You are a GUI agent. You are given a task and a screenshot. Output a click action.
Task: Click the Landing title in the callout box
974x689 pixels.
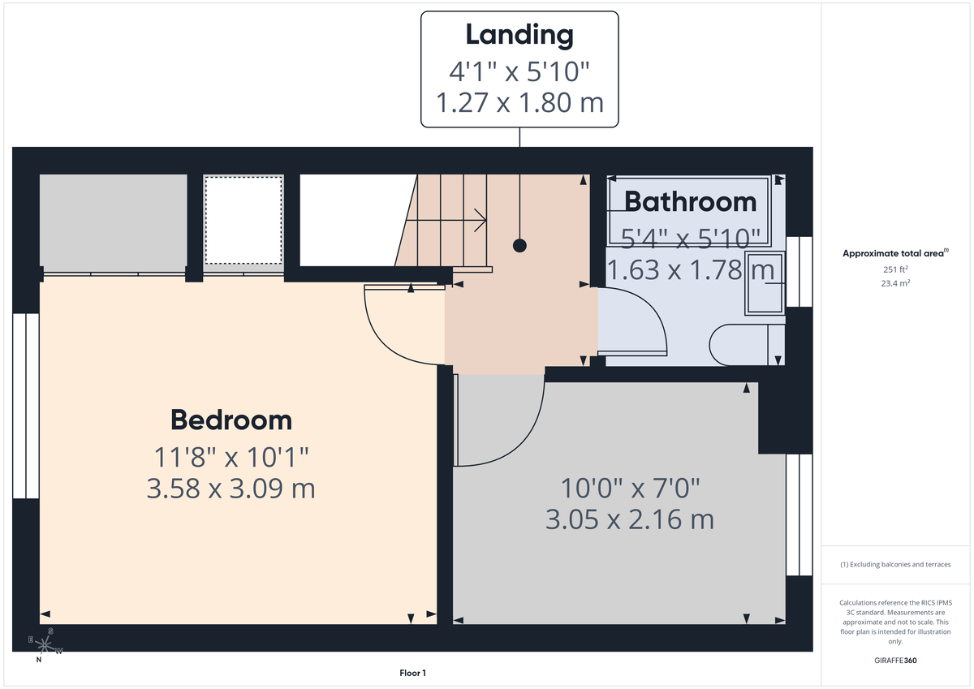(519, 35)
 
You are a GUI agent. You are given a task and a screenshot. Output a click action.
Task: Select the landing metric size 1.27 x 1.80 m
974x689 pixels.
(519, 103)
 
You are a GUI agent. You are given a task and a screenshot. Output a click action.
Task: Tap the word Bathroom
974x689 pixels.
(690, 201)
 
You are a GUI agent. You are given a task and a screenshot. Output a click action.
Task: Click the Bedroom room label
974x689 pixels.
(231, 420)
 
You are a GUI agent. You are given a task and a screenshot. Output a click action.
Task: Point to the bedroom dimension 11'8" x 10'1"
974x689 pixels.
(231, 457)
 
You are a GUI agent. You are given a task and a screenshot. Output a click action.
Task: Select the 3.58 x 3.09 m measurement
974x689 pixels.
(231, 489)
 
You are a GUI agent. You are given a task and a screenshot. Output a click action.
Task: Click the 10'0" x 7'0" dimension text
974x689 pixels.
(630, 488)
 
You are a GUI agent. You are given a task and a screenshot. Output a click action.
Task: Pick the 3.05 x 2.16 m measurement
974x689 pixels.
(630, 519)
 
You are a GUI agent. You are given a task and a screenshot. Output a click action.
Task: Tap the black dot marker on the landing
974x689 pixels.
(519, 245)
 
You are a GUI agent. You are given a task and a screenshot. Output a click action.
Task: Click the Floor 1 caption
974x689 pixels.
(412, 673)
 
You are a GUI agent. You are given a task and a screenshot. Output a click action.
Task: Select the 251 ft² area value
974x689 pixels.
(894, 269)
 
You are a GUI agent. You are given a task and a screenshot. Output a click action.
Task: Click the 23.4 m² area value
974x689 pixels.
(894, 283)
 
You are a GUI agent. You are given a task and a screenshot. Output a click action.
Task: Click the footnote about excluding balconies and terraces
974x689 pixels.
(894, 564)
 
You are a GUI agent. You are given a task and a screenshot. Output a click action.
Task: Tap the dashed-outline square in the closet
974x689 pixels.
(243, 219)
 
